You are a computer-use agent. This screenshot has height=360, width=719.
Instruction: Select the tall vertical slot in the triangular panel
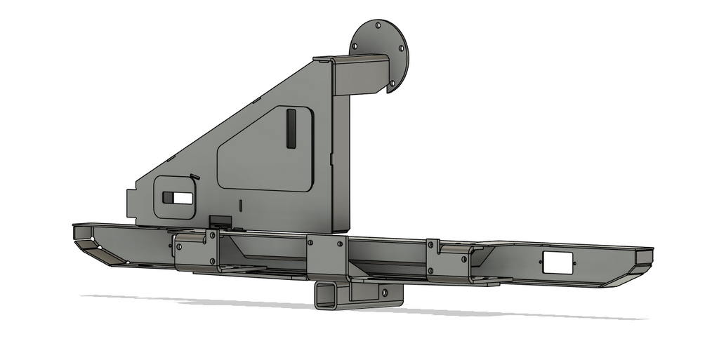[x=291, y=128]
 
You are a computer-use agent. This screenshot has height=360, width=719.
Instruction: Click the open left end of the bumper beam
[x=84, y=233]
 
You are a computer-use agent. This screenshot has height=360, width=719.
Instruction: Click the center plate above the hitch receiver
[x=327, y=257]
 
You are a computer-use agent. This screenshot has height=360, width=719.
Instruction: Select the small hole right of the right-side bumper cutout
[x=579, y=264]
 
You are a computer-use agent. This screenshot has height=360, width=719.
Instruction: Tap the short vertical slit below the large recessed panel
[x=240, y=205]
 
